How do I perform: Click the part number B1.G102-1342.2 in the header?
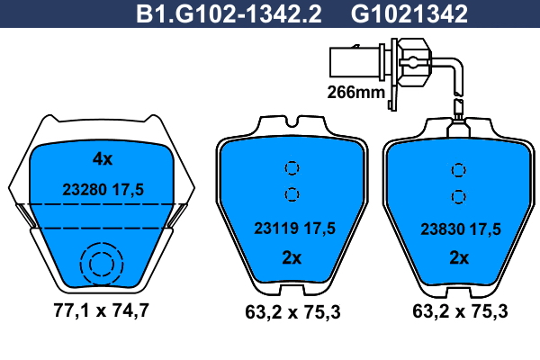tap(229, 14)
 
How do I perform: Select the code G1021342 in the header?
tap(409, 14)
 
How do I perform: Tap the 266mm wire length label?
tap(355, 92)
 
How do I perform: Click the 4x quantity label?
tap(103, 158)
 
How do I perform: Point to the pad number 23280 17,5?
tap(103, 190)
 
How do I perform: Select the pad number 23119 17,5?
tap(294, 228)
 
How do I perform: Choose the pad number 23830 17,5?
tap(461, 229)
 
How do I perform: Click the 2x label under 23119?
tap(292, 257)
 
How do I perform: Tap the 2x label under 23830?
tap(459, 257)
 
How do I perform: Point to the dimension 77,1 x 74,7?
tap(101, 310)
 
